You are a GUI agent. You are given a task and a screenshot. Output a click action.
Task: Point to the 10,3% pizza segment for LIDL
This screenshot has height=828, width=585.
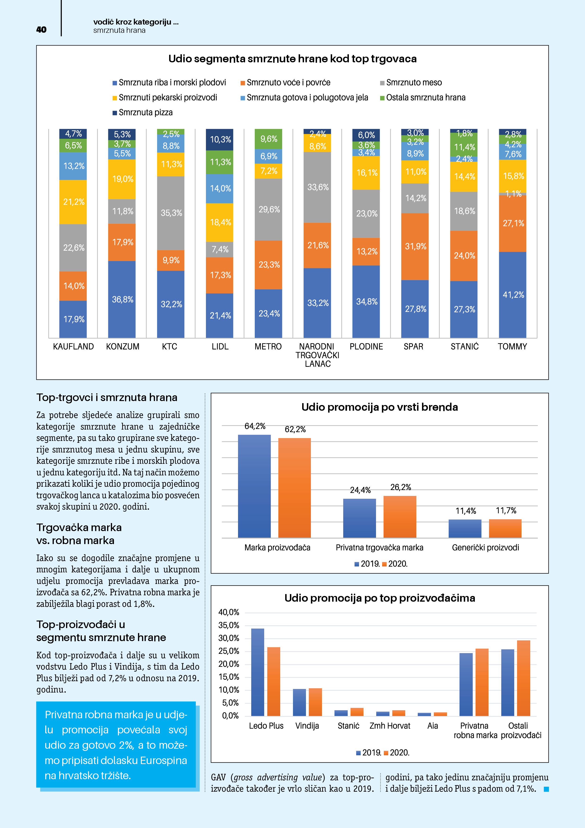point(220,139)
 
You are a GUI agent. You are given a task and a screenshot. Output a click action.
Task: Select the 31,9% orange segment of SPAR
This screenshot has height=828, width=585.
point(415,246)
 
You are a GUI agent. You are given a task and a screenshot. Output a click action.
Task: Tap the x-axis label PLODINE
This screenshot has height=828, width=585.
point(366,346)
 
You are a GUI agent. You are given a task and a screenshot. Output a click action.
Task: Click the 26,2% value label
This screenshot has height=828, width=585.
point(401,487)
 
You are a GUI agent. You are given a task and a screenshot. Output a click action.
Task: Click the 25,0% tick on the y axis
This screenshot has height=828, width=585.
point(229,651)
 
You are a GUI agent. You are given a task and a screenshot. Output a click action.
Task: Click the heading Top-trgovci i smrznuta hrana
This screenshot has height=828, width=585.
point(107,397)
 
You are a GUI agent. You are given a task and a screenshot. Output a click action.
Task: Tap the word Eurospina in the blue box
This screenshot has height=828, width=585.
point(163,760)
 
